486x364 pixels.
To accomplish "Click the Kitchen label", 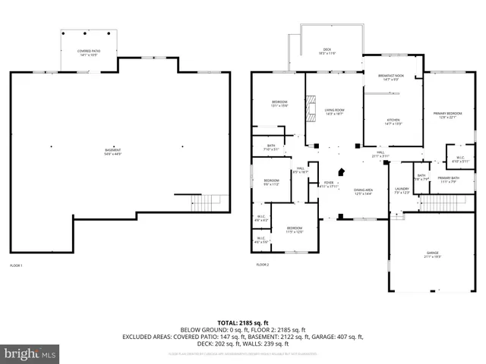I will tap(393, 121).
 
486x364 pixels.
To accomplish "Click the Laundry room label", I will tap(402, 190).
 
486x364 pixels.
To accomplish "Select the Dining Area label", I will tap(363, 192).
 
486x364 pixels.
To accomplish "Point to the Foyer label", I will tap(328, 184).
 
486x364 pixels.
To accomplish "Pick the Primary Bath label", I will tap(447, 180).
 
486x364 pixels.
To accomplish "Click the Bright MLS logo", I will tap(30, 353).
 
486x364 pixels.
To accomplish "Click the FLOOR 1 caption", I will tap(17, 265).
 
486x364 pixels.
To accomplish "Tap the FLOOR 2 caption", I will tap(262, 265).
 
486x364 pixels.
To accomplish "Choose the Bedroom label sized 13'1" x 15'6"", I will tap(279, 105).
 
